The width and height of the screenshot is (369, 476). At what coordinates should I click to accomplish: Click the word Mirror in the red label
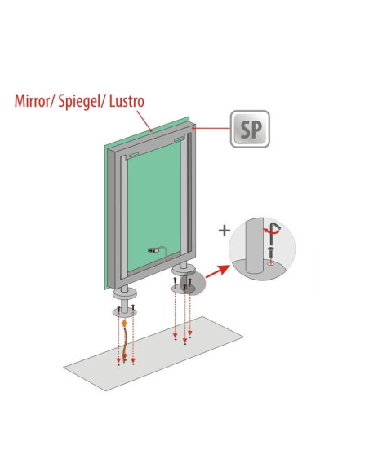point(32,101)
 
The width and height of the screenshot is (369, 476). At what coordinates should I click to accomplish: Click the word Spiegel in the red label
point(79,102)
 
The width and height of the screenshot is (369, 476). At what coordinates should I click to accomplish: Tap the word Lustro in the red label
point(127,101)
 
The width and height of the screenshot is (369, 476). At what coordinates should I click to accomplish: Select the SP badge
point(250,129)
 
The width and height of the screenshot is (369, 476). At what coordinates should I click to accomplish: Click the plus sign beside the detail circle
point(225,231)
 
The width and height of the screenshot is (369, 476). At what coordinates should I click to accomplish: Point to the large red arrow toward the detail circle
point(218,271)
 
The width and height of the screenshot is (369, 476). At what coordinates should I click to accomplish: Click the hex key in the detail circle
point(273,233)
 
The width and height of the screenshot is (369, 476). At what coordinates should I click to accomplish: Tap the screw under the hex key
point(270,253)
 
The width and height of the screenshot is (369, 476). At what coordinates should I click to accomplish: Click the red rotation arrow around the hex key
point(270,231)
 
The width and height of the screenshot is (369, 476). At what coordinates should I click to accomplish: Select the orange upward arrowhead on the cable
point(124,323)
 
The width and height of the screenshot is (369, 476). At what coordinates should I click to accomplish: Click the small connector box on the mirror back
point(153,250)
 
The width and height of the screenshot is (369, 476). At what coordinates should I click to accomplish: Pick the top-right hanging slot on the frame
point(180,139)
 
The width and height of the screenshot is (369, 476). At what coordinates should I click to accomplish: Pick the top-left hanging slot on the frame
point(134,155)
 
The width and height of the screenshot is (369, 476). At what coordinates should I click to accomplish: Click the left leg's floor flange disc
point(124,312)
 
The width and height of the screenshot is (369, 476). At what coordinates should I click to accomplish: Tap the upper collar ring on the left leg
point(124,293)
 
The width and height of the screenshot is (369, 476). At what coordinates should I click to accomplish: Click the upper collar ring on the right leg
point(184,269)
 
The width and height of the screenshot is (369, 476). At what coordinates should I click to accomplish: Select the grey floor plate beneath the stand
point(153,354)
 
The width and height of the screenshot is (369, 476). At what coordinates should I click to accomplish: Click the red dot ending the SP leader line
point(193,129)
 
